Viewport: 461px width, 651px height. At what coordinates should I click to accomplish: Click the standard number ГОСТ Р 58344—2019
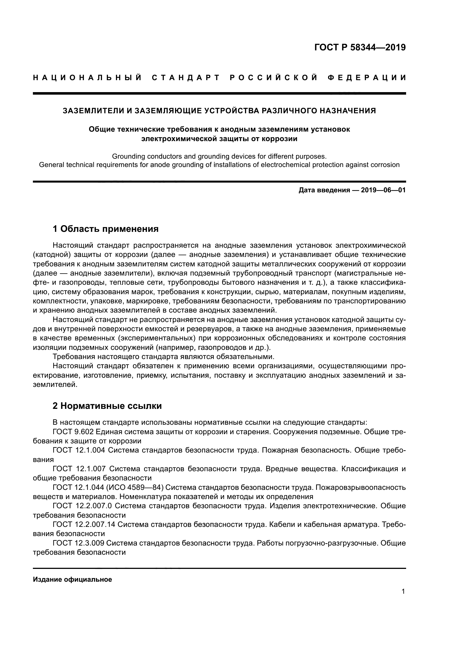tap(360, 47)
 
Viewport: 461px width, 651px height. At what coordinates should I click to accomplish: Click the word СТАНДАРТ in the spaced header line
tap(186, 78)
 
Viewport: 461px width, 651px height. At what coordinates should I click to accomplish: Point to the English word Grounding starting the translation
tap(128, 156)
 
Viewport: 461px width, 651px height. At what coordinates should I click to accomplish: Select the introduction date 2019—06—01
tap(383, 190)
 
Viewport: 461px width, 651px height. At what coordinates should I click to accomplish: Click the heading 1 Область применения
tap(106, 229)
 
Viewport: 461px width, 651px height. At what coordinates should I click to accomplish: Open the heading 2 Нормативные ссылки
tap(107, 406)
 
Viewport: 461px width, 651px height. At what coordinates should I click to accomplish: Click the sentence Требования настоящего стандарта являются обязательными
tap(164, 357)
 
